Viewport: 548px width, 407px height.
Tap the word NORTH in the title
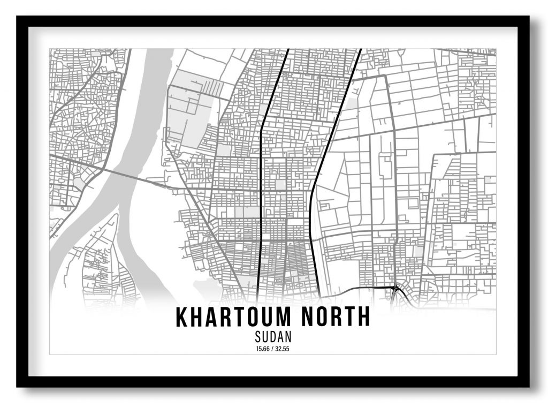[x=336, y=317]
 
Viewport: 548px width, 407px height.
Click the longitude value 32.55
[x=282, y=349]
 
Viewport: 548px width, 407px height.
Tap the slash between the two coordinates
[x=273, y=349]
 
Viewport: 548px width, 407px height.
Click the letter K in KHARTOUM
[x=182, y=317]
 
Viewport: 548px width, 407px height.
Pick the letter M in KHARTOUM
[x=285, y=317]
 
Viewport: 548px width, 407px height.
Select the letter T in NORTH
[x=351, y=317]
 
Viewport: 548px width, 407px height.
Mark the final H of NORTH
[x=364, y=317]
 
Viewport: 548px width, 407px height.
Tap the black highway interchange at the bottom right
[x=395, y=289]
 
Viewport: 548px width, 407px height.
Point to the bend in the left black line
[x=261, y=129]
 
